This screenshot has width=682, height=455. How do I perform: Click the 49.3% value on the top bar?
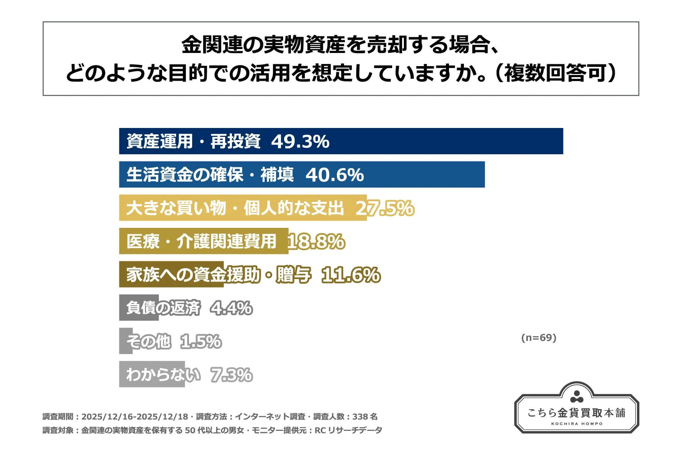coord(300,141)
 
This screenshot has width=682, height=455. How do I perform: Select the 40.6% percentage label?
coord(335,175)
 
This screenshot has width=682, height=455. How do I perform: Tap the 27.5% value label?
coord(385,208)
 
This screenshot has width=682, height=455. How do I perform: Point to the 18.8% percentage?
coord(316,242)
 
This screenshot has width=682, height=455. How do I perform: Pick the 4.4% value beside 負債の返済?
coord(231,308)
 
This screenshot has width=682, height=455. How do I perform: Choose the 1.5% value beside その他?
coord(201,342)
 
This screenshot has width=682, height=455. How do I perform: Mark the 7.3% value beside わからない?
coord(232,375)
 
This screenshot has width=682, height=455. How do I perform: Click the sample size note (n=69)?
coord(538,338)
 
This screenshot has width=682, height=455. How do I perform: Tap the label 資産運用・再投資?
coord(194,141)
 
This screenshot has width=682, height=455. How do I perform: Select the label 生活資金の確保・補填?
coord(210,175)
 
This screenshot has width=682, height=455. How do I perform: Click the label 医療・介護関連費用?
coord(201,242)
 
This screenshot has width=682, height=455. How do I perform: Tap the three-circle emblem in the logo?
coord(577,396)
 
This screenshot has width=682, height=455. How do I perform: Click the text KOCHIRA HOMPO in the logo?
coord(577,424)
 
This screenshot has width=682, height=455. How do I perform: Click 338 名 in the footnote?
coord(365,417)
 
